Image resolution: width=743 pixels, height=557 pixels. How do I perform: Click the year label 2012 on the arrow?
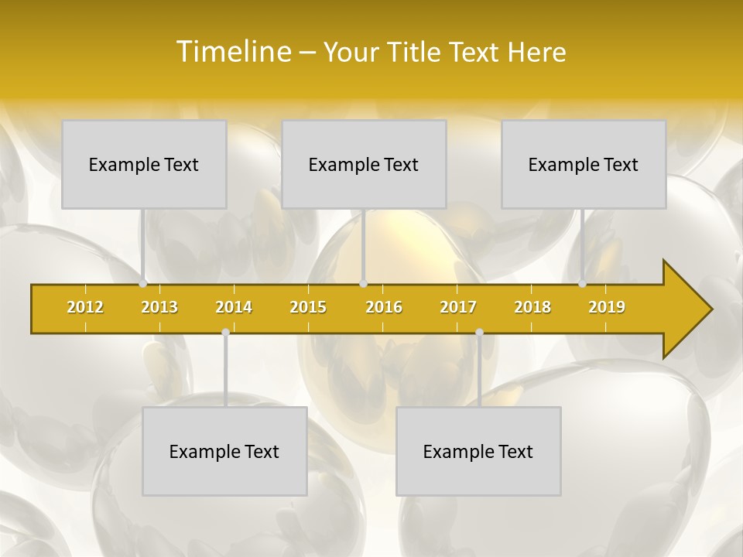point(85,307)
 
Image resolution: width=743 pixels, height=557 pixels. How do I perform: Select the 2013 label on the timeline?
point(159,307)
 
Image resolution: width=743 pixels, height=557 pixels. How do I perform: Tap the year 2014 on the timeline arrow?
point(234,307)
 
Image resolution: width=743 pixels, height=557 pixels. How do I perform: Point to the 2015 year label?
point(308,307)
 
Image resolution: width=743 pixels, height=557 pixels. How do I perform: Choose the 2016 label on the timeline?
point(384,307)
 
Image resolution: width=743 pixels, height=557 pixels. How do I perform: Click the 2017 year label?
point(458,307)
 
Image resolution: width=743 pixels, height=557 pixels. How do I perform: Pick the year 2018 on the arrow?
point(532,307)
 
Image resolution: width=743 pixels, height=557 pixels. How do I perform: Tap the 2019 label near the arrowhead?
point(607,307)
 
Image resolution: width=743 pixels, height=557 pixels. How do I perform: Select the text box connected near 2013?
point(144,165)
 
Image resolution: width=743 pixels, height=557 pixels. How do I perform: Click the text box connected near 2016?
point(364,165)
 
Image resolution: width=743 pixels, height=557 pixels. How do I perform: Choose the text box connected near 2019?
point(584,165)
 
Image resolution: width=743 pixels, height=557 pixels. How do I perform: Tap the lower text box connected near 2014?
point(224,452)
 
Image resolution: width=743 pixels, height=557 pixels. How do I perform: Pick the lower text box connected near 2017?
point(478,452)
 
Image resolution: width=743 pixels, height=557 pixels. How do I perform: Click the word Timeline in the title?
point(232,52)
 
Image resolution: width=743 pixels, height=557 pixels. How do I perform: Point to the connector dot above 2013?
point(143,284)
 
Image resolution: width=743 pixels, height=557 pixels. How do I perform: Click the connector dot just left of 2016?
point(364,284)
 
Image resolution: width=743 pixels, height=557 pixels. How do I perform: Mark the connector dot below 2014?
point(225,333)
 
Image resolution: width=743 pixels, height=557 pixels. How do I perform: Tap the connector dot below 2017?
point(479,333)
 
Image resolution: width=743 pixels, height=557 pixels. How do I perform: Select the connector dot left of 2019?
point(583,284)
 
